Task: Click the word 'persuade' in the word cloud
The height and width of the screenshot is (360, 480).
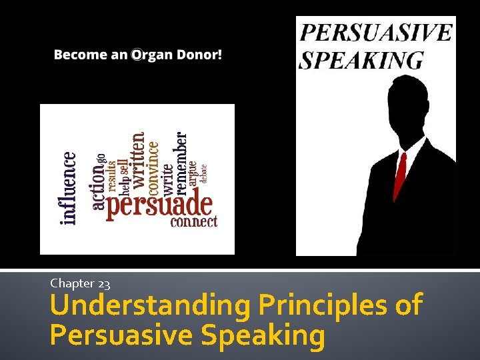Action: pyautogui.click(x=159, y=205)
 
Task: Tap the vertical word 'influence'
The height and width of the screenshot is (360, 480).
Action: pyautogui.click(x=69, y=187)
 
